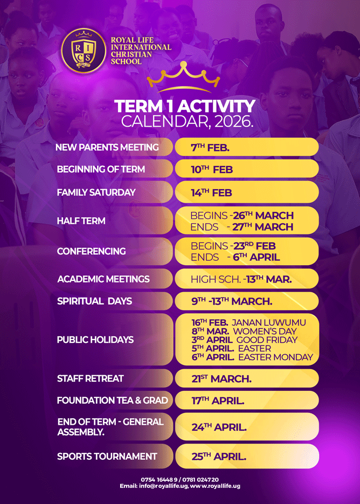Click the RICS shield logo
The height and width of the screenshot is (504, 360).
[x=84, y=51]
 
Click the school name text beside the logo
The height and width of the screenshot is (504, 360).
[x=141, y=51]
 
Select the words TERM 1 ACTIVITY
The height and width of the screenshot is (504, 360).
[x=185, y=106]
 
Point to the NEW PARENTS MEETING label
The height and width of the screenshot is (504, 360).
[x=107, y=147]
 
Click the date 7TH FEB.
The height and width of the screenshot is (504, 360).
[x=210, y=148]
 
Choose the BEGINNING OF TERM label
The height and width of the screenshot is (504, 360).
[x=101, y=169]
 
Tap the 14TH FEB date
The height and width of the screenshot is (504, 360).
[x=211, y=192]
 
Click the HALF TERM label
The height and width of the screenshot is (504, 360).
[x=81, y=221]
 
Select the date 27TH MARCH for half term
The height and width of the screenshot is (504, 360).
[x=262, y=227]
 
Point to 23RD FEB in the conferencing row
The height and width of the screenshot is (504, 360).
[x=254, y=246]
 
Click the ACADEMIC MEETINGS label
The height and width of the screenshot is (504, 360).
[x=103, y=279]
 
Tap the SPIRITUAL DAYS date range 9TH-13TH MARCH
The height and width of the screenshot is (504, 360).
[x=232, y=301]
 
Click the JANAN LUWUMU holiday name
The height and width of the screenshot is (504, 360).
[x=269, y=322]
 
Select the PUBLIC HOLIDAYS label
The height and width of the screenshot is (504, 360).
[x=95, y=340]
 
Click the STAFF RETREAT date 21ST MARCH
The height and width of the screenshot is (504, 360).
[x=221, y=378]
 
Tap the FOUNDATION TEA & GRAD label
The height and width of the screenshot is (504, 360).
[x=113, y=400]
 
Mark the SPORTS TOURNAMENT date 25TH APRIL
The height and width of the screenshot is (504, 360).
[x=219, y=457]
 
